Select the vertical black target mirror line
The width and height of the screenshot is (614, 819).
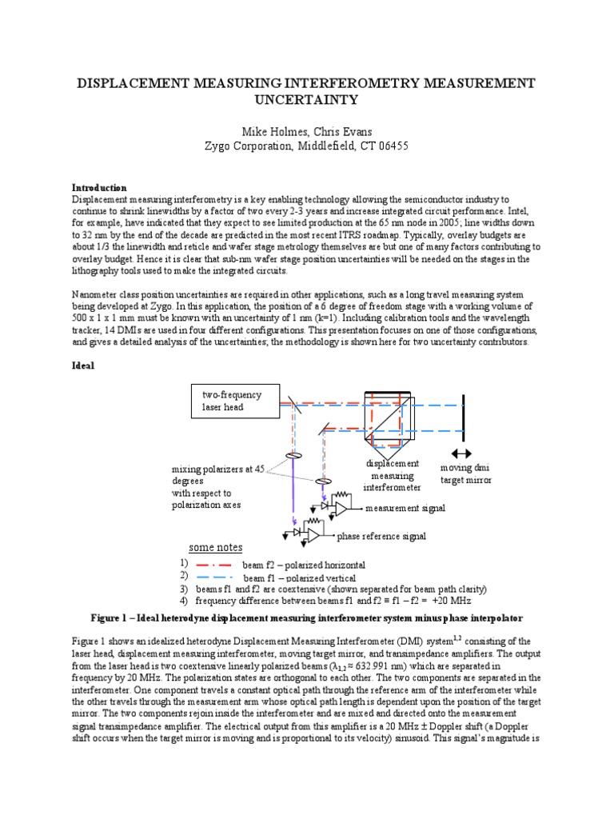pos(464,416)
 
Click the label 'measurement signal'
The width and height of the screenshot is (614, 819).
pos(405,508)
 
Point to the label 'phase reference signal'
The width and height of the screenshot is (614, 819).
pos(381,535)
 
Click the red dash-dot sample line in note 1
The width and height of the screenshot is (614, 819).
pos(212,564)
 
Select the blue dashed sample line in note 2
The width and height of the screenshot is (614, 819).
pos(212,577)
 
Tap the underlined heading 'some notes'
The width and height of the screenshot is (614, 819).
pos(215,548)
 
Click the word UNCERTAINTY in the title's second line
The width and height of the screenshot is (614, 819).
pos(306,100)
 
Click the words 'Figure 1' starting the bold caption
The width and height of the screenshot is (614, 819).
pos(114,617)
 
